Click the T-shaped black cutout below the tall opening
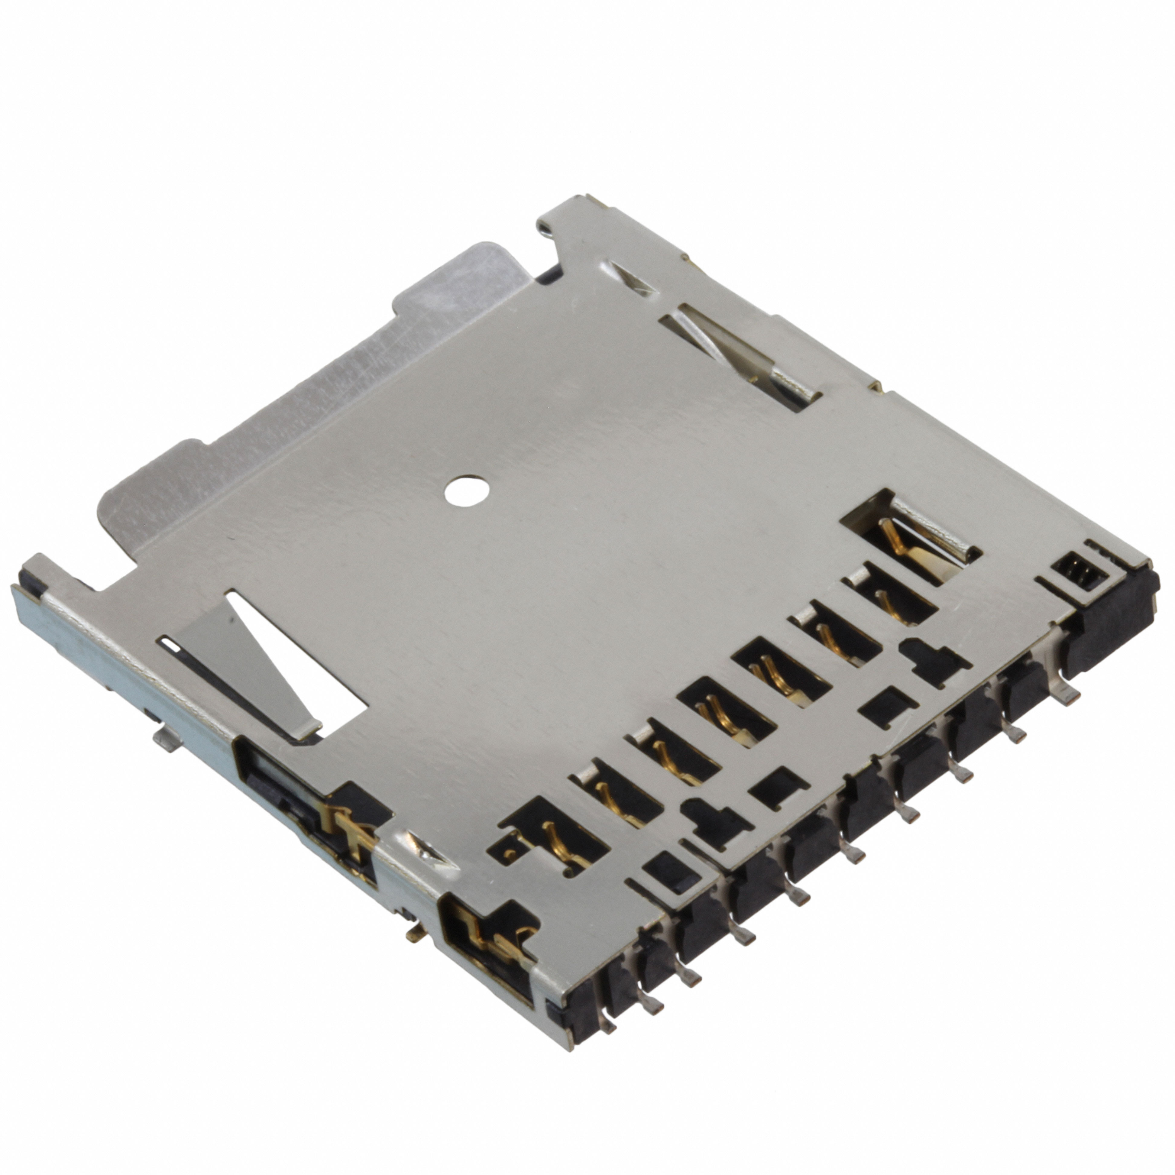coord(934,660)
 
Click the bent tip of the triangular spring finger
coord(304,730)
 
